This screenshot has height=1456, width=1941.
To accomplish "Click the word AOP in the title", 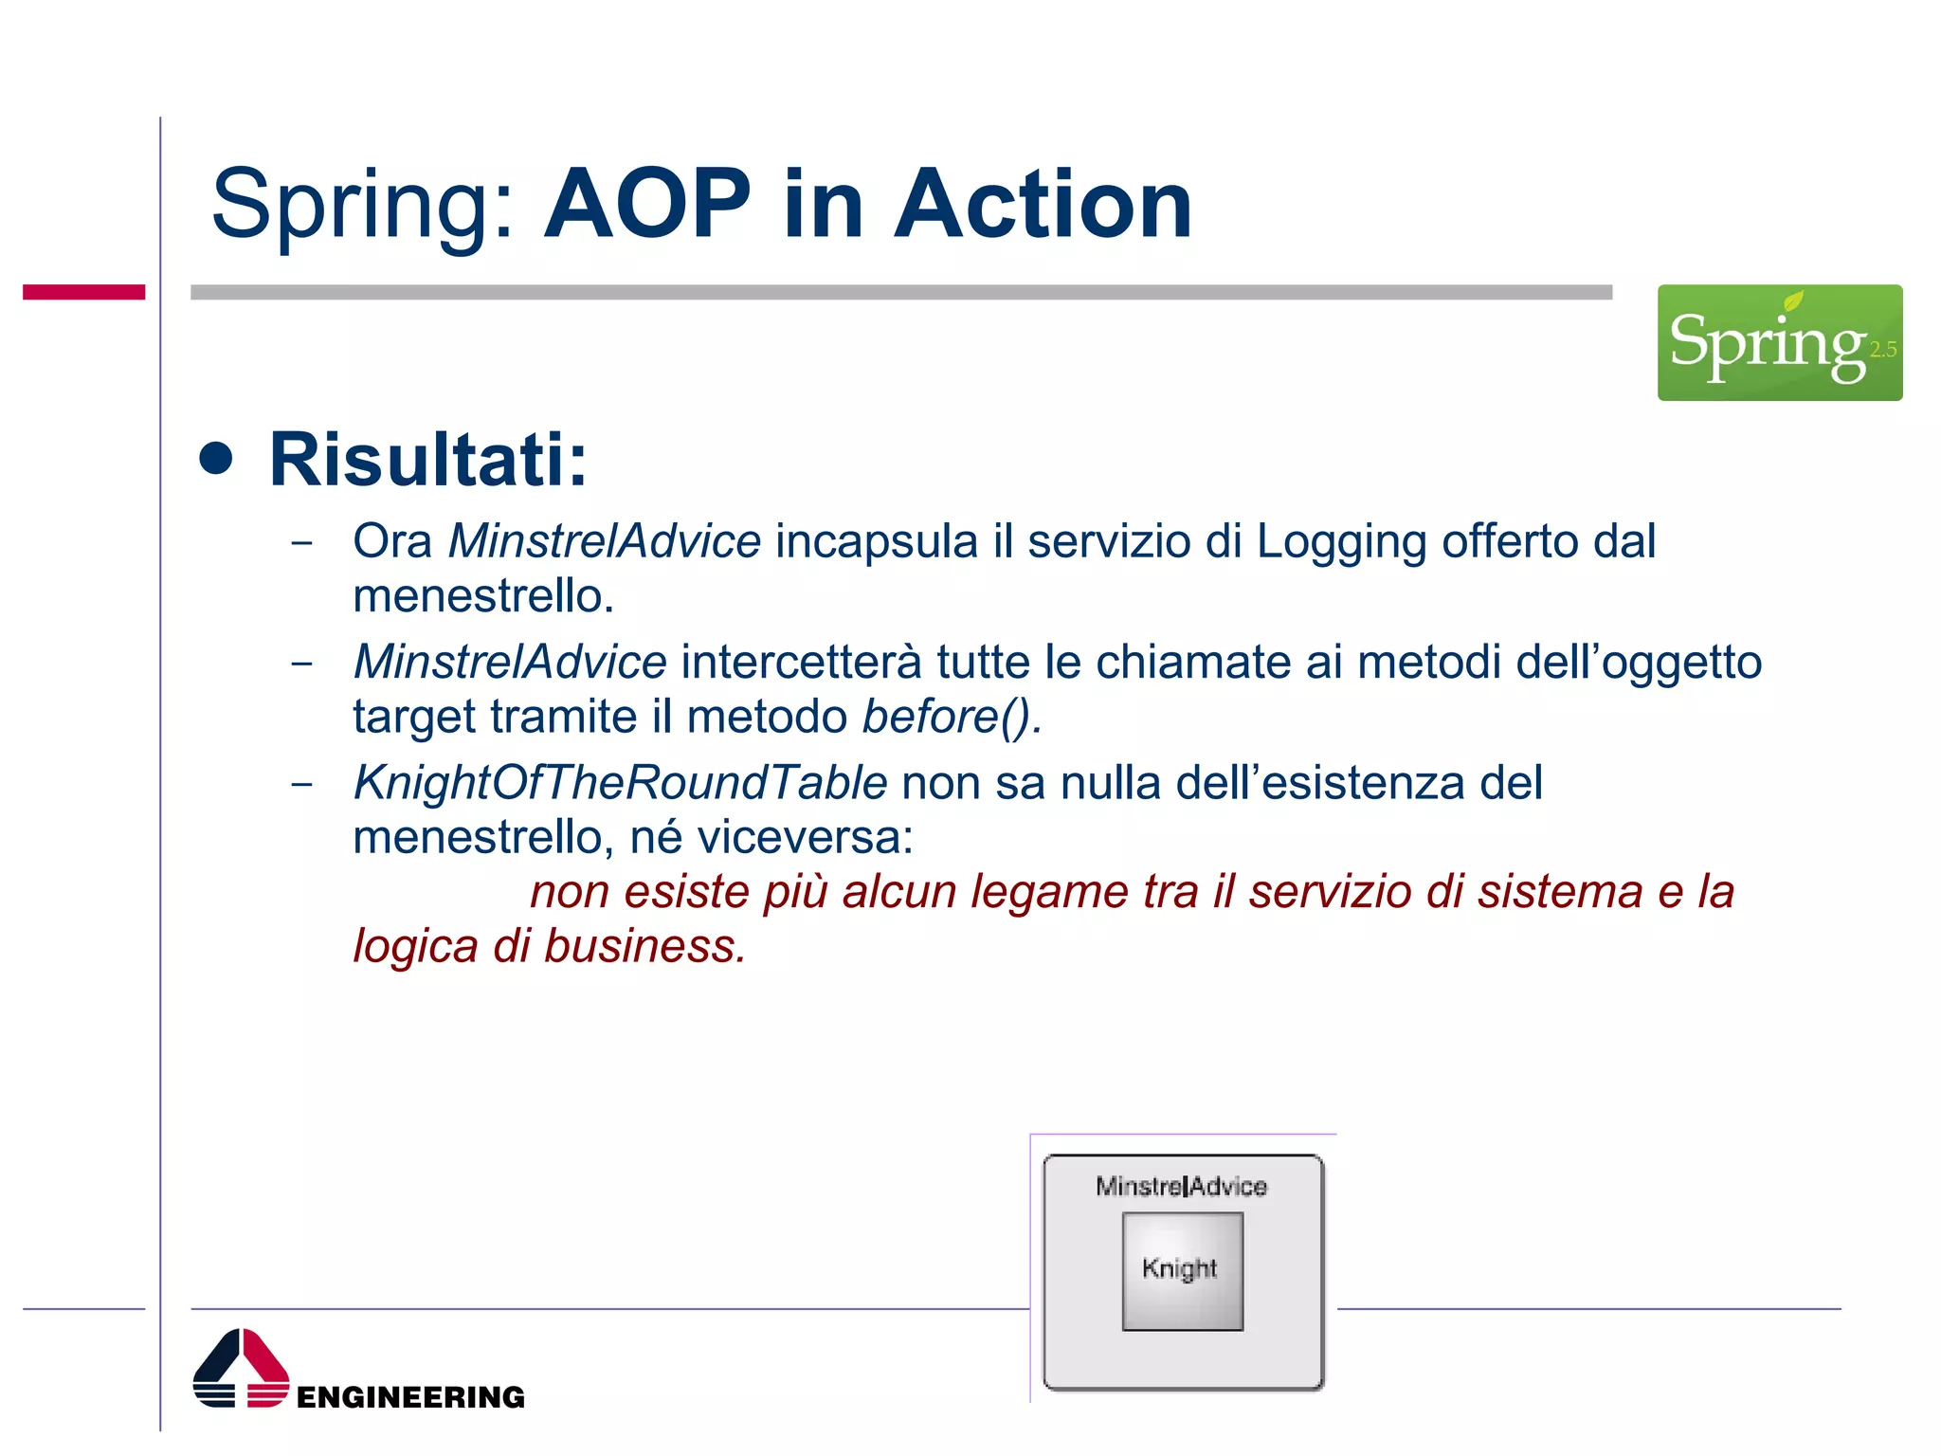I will (x=646, y=205).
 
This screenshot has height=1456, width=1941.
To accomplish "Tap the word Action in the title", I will (x=1043, y=205).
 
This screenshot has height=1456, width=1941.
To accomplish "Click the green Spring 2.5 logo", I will (x=1779, y=342).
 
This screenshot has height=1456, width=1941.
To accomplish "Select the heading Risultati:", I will (x=428, y=460).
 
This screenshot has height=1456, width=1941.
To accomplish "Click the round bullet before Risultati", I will (x=216, y=459).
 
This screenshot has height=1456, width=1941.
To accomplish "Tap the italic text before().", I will (x=950, y=717).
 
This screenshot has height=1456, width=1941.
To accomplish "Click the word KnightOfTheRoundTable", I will (x=620, y=783).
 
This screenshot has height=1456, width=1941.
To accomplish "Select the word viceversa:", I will (x=805, y=838).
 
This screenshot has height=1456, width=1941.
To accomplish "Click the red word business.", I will (x=644, y=946).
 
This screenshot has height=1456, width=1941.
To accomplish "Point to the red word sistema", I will (x=1560, y=892).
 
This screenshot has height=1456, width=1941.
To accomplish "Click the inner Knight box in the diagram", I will (x=1182, y=1271).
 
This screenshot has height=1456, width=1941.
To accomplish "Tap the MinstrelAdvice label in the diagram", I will (x=1181, y=1187).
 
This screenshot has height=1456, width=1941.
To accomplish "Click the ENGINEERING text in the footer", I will (x=410, y=1397).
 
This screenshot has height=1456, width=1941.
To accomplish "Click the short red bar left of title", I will (x=83, y=292).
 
